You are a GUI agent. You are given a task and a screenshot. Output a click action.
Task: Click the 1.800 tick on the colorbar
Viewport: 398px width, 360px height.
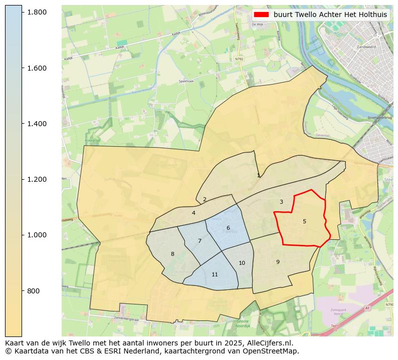(22, 12)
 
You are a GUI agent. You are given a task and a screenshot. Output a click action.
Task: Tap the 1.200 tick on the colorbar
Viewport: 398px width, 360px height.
(22, 179)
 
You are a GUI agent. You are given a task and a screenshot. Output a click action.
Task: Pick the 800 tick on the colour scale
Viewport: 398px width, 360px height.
(22, 291)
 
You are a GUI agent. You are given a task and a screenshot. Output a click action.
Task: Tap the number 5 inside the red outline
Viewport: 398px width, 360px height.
(304, 221)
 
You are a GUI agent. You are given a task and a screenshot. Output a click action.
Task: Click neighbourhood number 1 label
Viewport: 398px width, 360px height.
(258, 175)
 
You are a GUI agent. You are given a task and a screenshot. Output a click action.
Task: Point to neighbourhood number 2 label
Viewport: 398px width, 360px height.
(205, 199)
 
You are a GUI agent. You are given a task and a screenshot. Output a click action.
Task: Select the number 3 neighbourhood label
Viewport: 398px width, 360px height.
(281, 202)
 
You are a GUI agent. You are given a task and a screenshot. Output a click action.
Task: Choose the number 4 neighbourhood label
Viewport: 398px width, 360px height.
(193, 213)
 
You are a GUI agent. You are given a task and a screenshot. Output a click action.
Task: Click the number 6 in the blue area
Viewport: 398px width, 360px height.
(228, 228)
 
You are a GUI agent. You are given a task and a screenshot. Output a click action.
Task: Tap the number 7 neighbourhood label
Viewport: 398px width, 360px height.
(200, 241)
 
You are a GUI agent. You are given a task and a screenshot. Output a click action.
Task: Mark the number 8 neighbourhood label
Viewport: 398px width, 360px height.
(172, 254)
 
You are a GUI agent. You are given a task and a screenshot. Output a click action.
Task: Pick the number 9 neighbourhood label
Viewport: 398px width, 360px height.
(278, 262)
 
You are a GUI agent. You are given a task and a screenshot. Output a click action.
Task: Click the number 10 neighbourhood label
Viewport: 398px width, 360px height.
(242, 263)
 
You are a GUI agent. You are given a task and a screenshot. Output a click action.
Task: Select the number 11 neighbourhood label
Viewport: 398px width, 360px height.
(215, 274)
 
